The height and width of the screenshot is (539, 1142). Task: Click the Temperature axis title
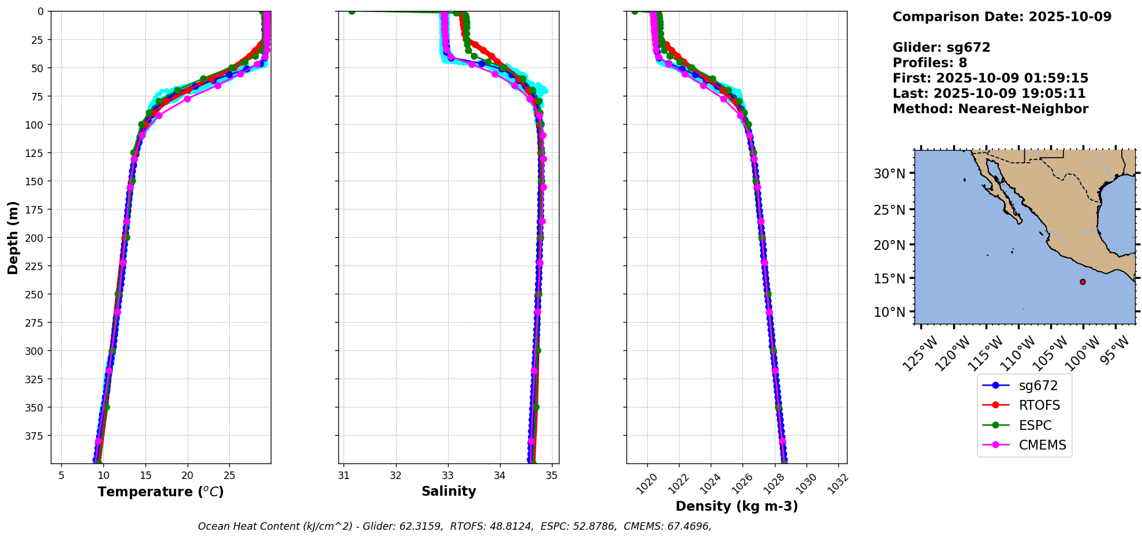coord(161,492)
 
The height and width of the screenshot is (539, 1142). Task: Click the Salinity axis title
coord(449,491)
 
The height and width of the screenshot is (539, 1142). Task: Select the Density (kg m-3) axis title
coord(737,506)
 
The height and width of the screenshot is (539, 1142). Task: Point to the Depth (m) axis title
coord(13,237)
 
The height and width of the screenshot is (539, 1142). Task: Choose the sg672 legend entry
coord(1038,385)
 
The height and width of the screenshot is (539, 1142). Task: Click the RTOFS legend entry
coord(1039,405)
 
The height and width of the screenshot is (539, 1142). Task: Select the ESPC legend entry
coord(1035,425)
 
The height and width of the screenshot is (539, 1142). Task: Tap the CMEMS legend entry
coord(1042,445)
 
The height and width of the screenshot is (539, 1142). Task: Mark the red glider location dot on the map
coord(1083,282)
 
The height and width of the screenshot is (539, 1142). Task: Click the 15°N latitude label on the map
coord(889,278)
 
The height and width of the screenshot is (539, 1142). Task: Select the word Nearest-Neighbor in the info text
coord(1024,109)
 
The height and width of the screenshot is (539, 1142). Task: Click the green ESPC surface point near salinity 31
coord(352,12)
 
